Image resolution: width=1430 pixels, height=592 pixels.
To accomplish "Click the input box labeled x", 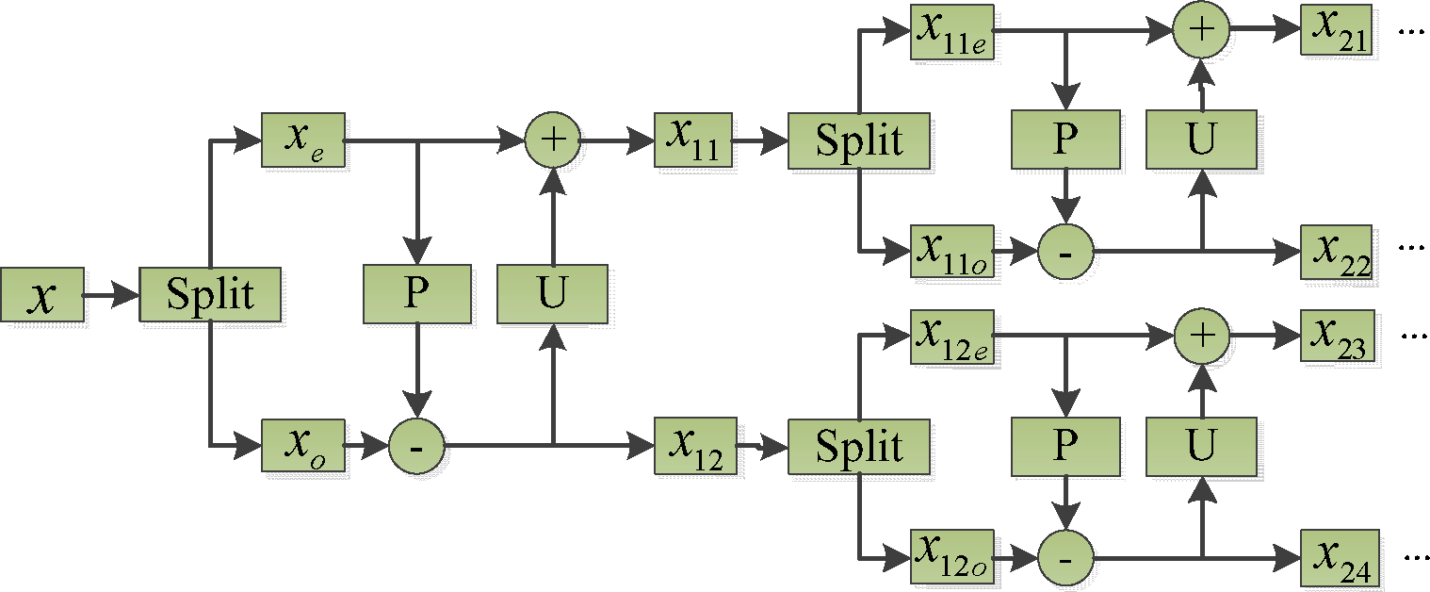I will [41, 296].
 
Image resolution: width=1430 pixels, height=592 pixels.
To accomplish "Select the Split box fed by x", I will [210, 296].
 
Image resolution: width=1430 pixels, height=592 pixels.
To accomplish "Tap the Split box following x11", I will [859, 140].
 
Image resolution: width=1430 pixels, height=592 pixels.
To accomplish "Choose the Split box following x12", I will [859, 445].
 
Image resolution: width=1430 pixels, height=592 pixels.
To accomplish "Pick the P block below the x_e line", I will [415, 294].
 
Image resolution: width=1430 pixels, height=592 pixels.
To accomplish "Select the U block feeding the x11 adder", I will [551, 294].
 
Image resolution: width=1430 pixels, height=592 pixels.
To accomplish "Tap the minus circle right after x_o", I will [417, 445].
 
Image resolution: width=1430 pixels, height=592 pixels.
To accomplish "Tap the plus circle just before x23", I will [1200, 336].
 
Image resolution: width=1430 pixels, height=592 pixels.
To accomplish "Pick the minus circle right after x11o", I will [1066, 253].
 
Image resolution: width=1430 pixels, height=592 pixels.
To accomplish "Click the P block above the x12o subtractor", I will [1064, 445].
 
